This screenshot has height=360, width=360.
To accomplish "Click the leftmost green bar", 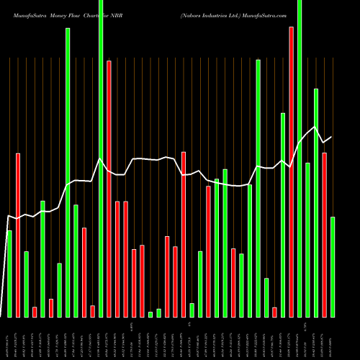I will click(x=9, y=274).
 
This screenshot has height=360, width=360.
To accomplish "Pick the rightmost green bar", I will click(x=333, y=266).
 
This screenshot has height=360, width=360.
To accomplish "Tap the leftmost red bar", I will click(x=18, y=235).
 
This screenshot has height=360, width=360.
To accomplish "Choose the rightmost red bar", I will click(x=324, y=235).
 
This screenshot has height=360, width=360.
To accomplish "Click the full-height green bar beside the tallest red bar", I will click(x=300, y=158).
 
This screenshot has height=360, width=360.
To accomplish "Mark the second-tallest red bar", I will click(x=109, y=189).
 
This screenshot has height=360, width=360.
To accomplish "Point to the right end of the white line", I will click(x=331, y=137).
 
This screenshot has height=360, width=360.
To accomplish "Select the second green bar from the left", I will click(x=26, y=284).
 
